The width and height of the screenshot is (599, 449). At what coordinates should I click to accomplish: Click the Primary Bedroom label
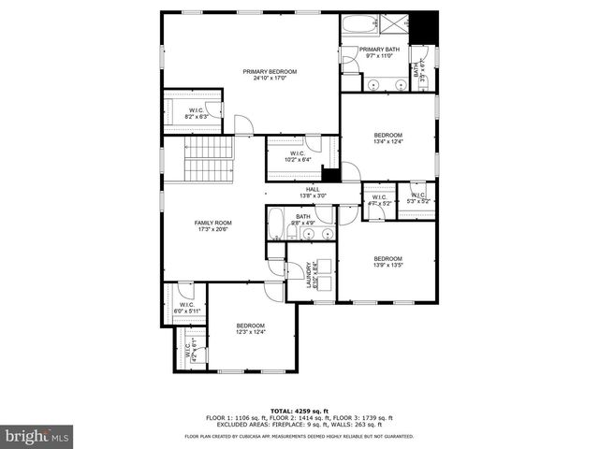click(x=270, y=75)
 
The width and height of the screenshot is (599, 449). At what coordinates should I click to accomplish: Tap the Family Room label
click(x=212, y=225)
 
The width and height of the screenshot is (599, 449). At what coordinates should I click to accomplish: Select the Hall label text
click(x=313, y=192)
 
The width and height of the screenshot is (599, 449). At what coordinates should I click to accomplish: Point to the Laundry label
click(x=310, y=274)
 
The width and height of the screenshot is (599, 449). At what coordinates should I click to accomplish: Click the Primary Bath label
click(x=379, y=52)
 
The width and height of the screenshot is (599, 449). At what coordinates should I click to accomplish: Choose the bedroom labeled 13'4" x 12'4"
click(x=387, y=138)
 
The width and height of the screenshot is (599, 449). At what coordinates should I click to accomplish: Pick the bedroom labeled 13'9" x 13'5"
click(x=387, y=262)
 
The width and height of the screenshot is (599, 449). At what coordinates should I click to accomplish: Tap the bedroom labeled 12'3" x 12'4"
click(x=250, y=328)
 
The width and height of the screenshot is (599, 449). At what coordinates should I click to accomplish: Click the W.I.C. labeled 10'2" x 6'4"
click(x=297, y=156)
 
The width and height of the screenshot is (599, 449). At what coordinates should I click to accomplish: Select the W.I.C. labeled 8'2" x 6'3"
click(x=197, y=113)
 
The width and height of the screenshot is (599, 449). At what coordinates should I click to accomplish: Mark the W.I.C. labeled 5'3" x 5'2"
click(x=418, y=198)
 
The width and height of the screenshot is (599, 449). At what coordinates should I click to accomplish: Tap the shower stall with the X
click(x=399, y=25)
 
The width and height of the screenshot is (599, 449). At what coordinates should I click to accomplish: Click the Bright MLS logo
click(x=37, y=436)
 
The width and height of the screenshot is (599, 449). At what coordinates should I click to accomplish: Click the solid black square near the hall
click(x=330, y=175)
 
